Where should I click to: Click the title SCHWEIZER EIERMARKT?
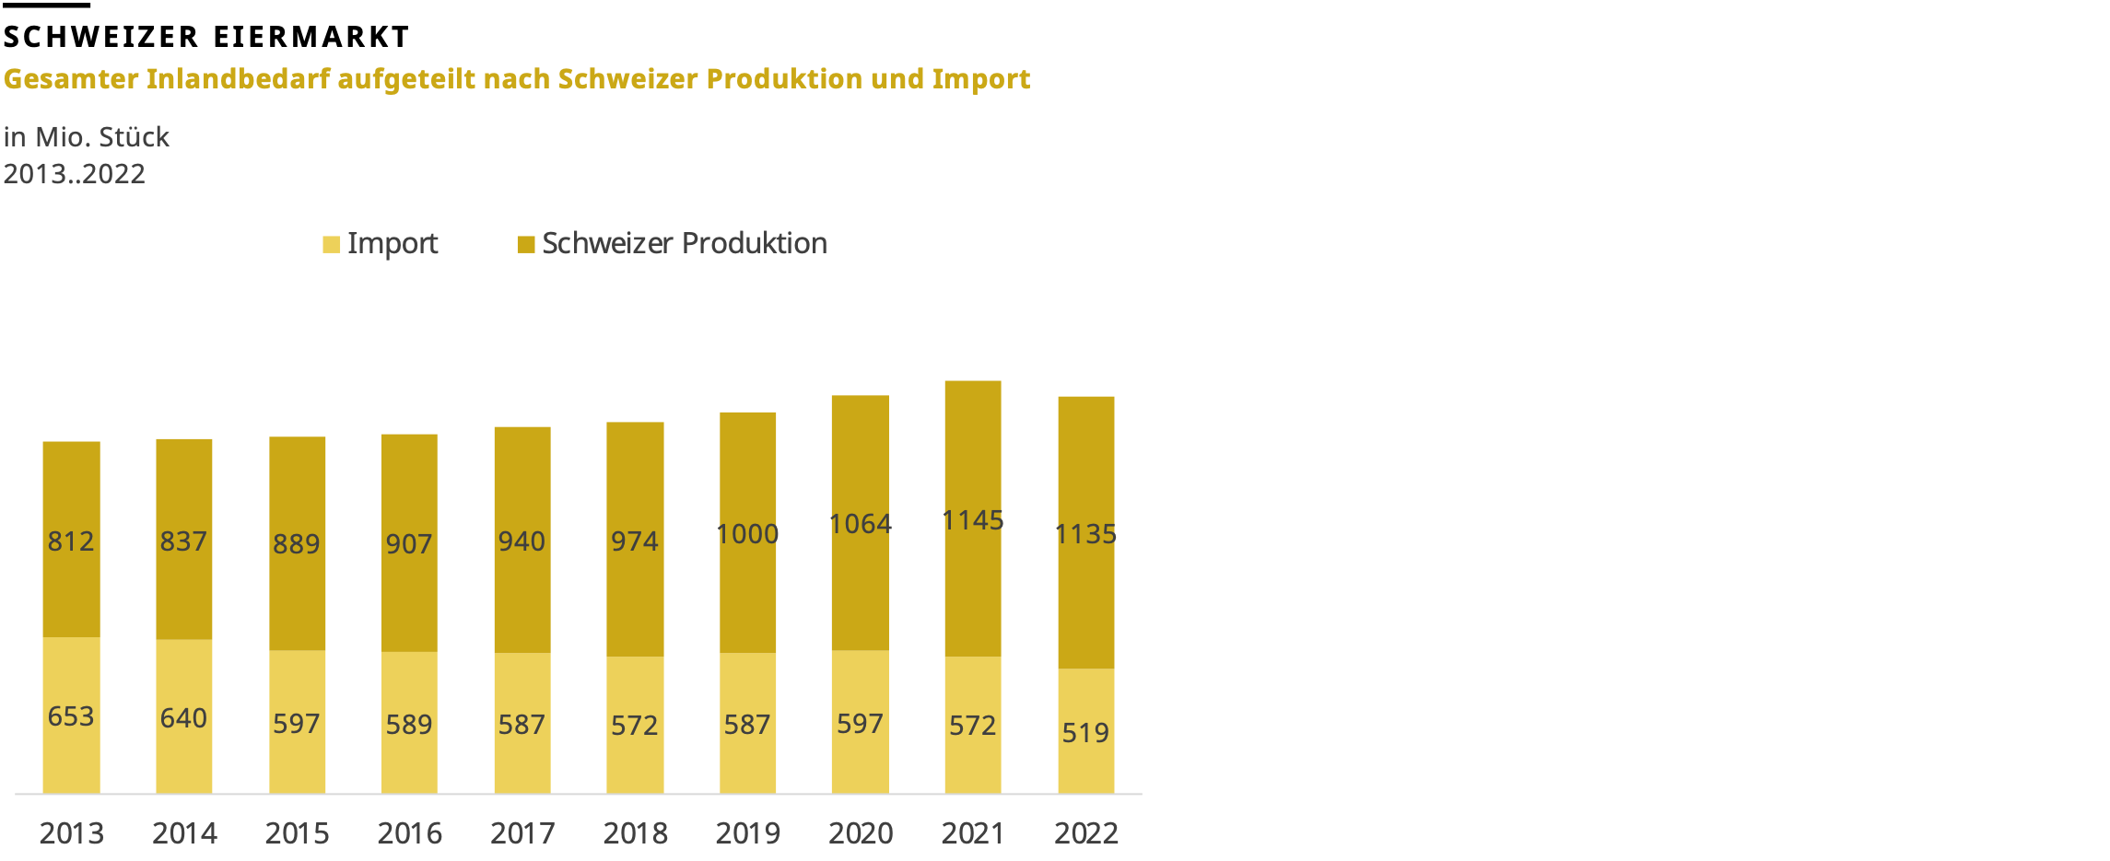[x=206, y=37]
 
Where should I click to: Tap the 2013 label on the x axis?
[x=71, y=833]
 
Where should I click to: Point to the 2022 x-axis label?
[x=1085, y=833]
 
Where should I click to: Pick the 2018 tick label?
[x=635, y=833]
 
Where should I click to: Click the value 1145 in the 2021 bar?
[x=972, y=520]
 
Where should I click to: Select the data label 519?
[x=1084, y=733]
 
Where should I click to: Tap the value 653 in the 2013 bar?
[x=71, y=716]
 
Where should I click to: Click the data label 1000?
[x=747, y=534]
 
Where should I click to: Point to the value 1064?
[x=860, y=524]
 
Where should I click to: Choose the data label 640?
[x=183, y=718]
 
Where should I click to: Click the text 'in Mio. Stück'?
[x=86, y=137]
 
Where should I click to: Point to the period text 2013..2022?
[x=74, y=174]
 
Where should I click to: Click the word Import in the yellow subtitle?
[x=980, y=79]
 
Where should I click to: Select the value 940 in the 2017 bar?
[x=522, y=541]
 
